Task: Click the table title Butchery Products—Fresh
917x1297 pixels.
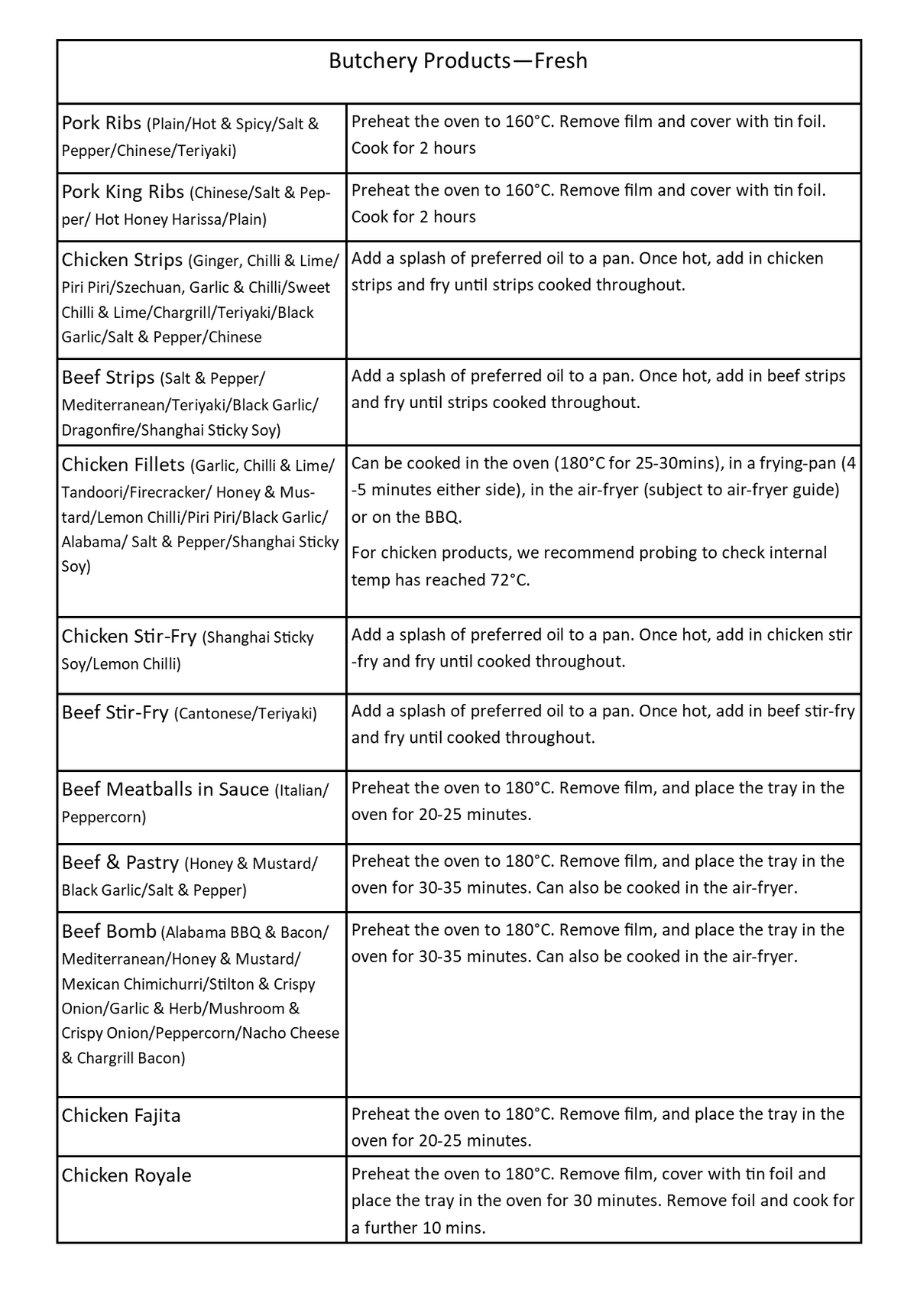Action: click(458, 61)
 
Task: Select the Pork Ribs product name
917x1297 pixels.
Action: click(102, 123)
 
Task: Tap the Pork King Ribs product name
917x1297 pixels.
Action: click(122, 192)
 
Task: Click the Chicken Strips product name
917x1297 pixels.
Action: click(122, 260)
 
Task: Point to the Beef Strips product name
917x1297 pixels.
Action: click(108, 378)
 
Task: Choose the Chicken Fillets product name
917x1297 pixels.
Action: click(123, 465)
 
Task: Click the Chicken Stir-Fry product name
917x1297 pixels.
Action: click(129, 637)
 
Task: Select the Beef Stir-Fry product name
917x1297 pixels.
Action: click(115, 713)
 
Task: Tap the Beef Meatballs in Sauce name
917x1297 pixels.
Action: click(165, 790)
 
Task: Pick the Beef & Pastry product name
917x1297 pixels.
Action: click(120, 863)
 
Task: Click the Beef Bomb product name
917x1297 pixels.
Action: click(109, 932)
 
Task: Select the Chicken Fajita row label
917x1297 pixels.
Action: click(121, 1116)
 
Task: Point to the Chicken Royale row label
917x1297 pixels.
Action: click(126, 1175)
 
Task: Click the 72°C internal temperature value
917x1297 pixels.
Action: click(509, 580)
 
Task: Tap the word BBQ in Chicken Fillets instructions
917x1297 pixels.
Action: click(442, 517)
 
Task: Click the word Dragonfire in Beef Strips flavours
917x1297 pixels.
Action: click(97, 430)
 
